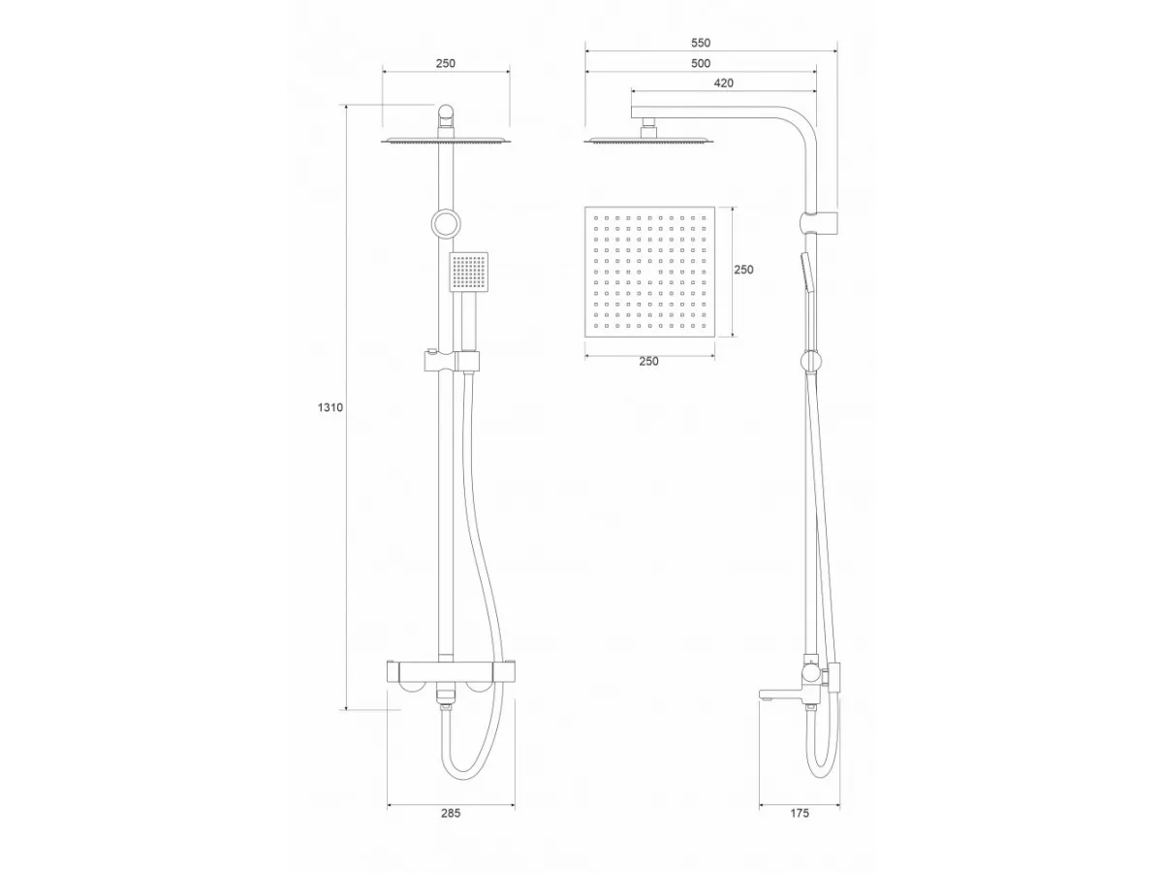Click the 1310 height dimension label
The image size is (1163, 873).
click(x=330, y=407)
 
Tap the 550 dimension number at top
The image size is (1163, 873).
click(x=701, y=43)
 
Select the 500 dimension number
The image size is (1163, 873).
click(x=701, y=64)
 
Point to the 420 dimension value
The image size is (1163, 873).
click(x=723, y=83)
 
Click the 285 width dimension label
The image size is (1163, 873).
click(x=451, y=813)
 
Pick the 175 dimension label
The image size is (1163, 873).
click(x=800, y=813)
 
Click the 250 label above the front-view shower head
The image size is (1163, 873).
click(x=446, y=64)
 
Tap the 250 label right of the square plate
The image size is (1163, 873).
click(x=743, y=270)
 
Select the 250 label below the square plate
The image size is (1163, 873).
click(x=648, y=362)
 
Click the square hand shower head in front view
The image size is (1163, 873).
click(x=469, y=272)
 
